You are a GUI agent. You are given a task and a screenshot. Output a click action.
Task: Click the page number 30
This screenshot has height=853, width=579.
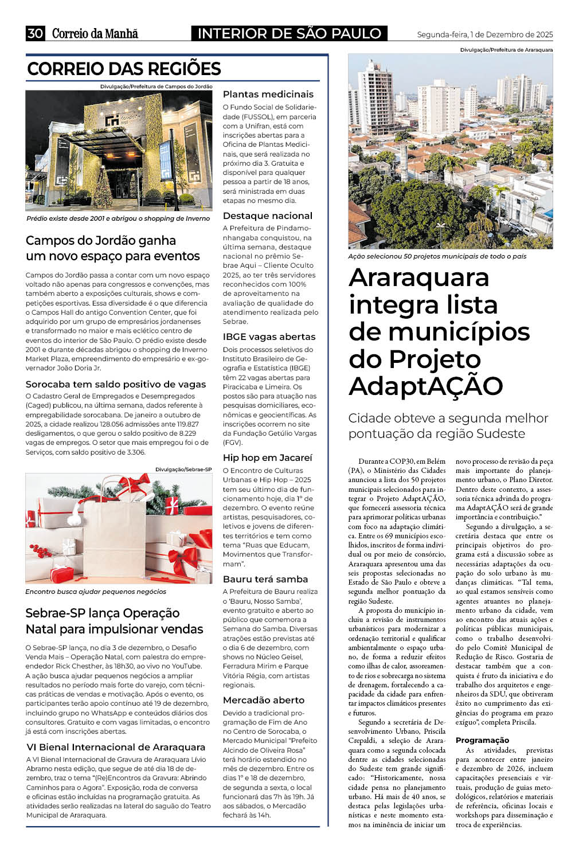coord(35,33)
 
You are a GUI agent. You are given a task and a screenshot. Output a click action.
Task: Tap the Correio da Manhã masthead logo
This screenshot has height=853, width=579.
coord(95,33)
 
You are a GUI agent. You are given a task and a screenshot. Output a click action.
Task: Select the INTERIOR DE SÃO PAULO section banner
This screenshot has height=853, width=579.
coord(289,33)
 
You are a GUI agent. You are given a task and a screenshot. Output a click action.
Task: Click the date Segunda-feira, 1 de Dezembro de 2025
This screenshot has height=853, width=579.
coord(484,34)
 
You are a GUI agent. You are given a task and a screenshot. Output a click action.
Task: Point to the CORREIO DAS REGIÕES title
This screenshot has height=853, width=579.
coord(124,69)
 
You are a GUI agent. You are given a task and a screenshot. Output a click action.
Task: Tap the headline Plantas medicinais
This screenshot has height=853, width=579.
coord(268,95)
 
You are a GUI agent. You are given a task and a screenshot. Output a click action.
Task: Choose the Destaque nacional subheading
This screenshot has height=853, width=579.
coord(267,216)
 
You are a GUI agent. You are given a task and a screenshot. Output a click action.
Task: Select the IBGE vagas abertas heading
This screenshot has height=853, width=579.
coord(269,337)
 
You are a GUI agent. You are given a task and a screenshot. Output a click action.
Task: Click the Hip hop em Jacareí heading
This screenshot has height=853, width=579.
coord(267,458)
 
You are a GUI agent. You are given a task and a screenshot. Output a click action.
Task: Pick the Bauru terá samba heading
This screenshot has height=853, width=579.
coord(265,580)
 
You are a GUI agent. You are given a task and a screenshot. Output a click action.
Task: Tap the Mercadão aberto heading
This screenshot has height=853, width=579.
coord(263,701)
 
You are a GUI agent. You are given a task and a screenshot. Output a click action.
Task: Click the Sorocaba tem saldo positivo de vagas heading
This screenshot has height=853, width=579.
coord(115,385)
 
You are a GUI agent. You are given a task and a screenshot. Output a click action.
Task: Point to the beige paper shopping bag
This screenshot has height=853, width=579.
coord(115,539)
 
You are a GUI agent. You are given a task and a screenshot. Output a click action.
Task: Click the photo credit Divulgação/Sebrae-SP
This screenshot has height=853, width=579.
coord(183,469)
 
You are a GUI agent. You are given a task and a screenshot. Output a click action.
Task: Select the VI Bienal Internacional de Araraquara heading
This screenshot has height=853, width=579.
coord(116,748)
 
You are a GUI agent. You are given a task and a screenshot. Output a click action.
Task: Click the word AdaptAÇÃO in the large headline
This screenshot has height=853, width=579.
coord(425,386)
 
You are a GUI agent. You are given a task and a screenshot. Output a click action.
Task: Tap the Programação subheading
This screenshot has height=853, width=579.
coord(482,741)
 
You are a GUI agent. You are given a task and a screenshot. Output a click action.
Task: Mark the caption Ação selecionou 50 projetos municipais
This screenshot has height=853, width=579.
coord(437,257)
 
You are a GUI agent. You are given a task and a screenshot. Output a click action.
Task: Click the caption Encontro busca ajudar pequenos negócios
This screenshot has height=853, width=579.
coord(96,592)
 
